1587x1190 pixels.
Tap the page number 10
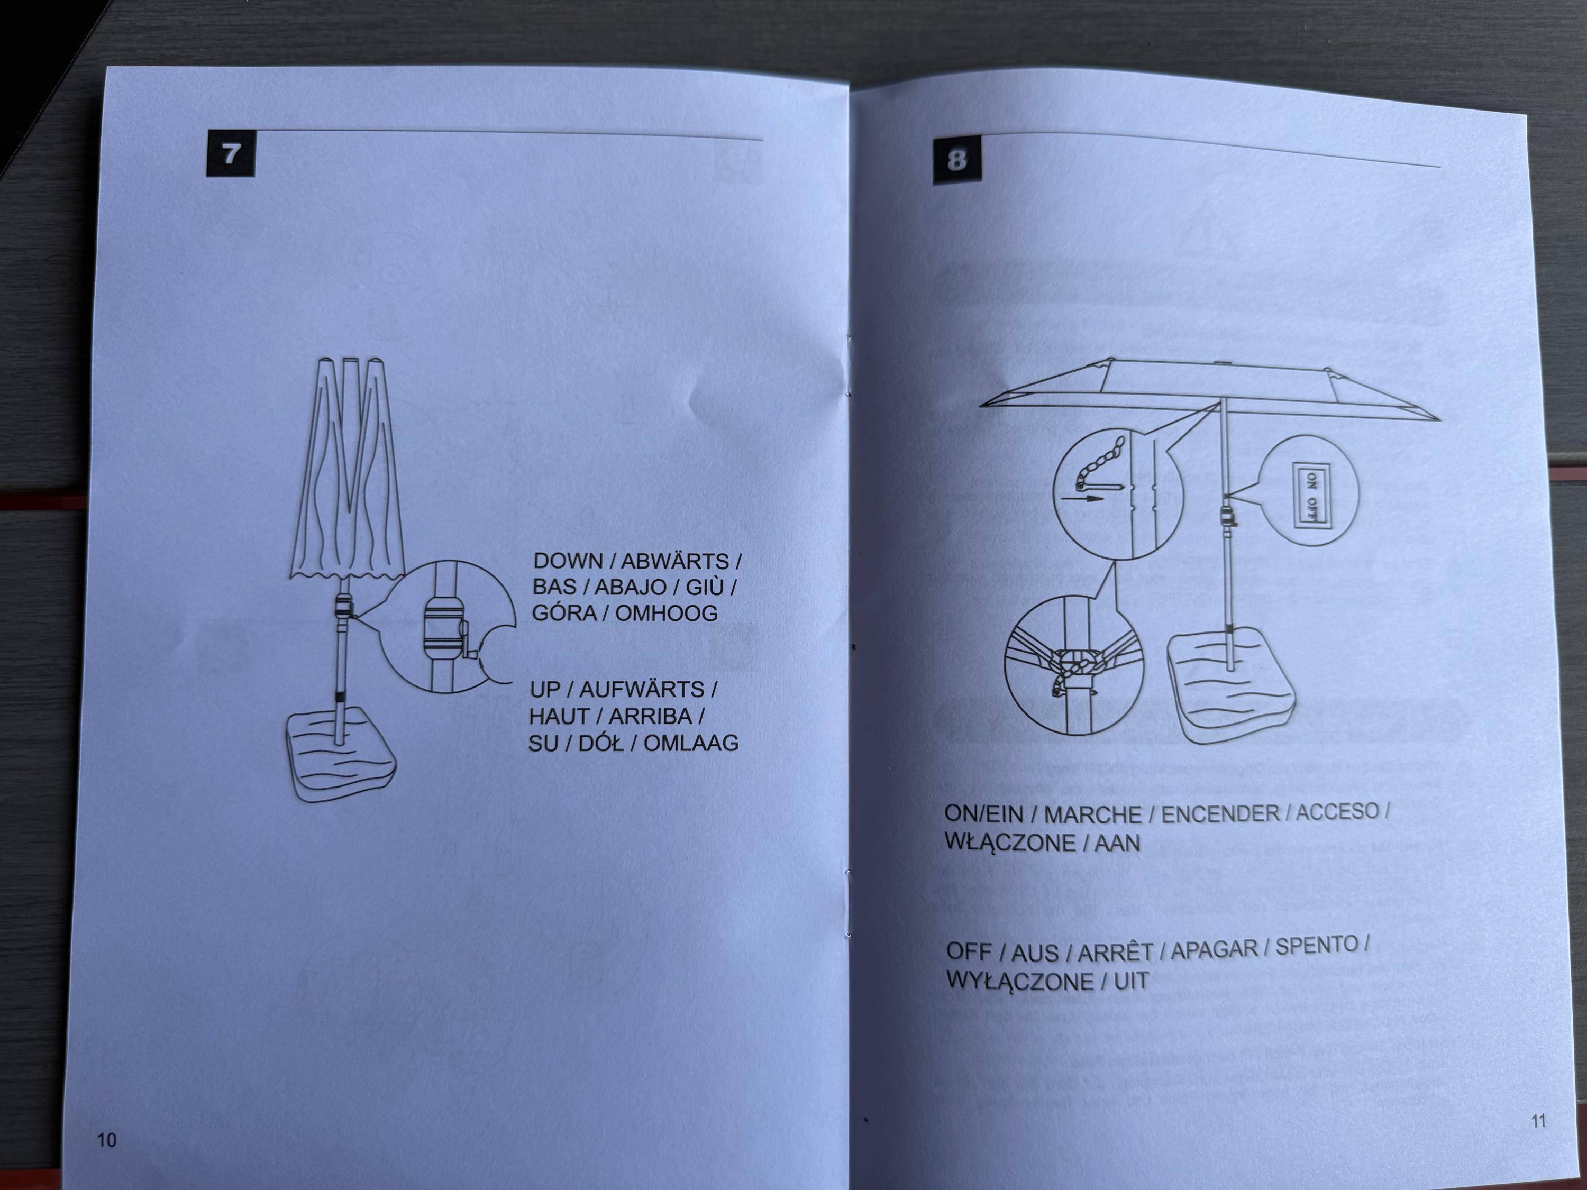point(106,1140)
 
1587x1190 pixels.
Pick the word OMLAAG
point(691,743)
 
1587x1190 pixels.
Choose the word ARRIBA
point(651,717)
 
